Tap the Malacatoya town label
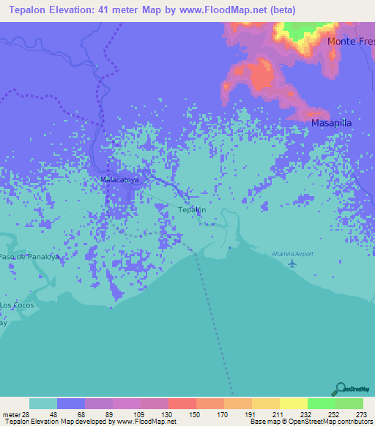[119, 178]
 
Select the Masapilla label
[333, 123]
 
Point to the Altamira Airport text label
[293, 253]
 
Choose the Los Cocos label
[17, 304]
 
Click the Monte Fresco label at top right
[351, 41]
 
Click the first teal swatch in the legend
[43, 403]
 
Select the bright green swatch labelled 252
[321, 403]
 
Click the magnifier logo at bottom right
[339, 389]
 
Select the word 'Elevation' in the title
[72, 10]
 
